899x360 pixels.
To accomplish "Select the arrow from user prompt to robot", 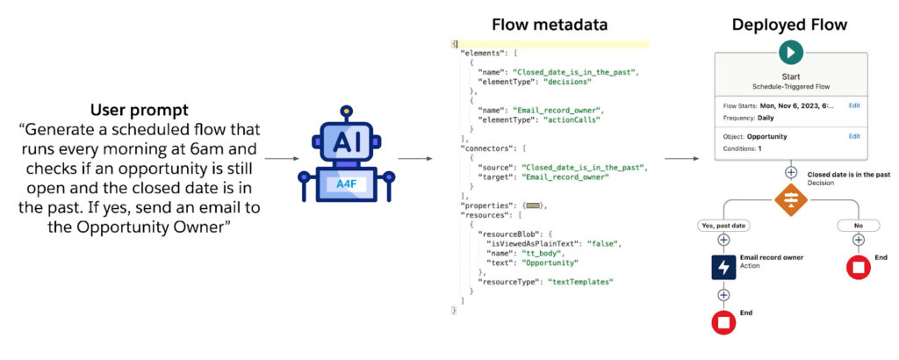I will (280, 159).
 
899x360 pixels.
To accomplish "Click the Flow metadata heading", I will (550, 25).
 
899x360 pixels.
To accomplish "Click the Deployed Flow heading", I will (789, 25).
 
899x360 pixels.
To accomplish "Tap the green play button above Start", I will (790, 53).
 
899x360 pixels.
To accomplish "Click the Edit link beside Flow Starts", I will (853, 104).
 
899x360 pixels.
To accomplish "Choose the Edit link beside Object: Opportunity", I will (853, 136).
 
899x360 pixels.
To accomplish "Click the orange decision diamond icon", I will (790, 201).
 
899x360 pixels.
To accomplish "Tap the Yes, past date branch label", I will (723, 226).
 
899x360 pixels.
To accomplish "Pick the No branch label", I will (857, 226).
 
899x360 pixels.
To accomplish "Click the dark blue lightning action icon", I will (723, 267).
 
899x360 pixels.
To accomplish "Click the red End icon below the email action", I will (723, 322).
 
